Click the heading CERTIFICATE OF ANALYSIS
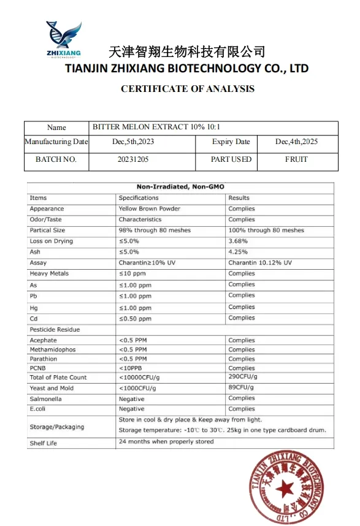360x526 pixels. point(187,89)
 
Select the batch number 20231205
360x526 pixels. point(133,159)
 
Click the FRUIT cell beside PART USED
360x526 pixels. point(296,159)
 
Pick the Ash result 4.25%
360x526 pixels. point(237,252)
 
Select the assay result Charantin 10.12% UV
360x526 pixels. point(260,262)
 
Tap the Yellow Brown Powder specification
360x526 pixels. point(150,208)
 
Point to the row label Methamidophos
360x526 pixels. point(52,349)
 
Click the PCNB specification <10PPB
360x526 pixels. point(131,368)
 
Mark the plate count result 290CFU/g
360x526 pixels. point(243,376)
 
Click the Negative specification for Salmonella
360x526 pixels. point(131,398)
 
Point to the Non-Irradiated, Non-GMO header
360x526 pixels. point(180,187)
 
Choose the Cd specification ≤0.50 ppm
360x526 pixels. point(135,319)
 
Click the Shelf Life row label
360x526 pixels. point(43,443)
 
